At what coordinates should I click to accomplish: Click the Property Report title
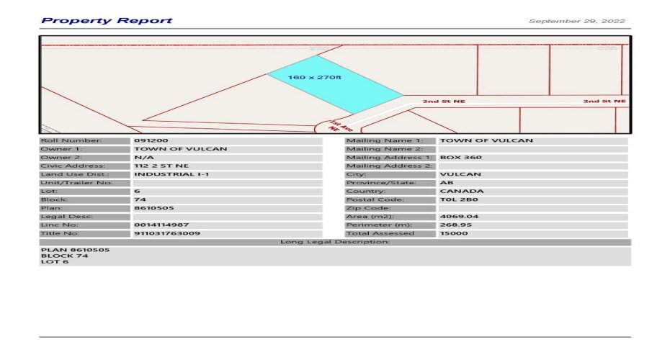(x=107, y=20)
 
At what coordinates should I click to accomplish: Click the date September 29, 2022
(x=577, y=21)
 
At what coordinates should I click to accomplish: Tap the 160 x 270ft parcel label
(x=314, y=77)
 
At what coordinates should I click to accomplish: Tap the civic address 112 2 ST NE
(x=161, y=166)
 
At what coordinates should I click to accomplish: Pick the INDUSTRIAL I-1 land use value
(x=171, y=174)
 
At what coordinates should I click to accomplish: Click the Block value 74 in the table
(x=140, y=199)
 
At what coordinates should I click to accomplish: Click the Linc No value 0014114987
(x=161, y=225)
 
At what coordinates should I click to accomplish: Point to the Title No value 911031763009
(x=167, y=233)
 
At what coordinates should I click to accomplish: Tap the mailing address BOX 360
(x=460, y=157)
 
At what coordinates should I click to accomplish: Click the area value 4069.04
(x=459, y=216)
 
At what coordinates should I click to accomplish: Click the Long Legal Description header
(x=335, y=242)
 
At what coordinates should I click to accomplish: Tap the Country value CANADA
(x=462, y=191)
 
